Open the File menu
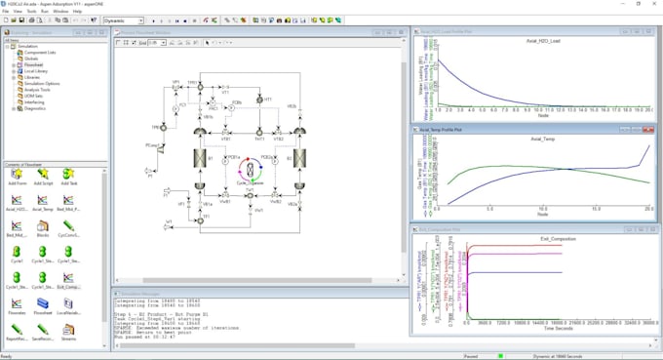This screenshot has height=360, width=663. point(5,11)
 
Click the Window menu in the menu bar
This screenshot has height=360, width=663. point(60,11)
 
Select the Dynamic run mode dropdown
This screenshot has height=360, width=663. point(122,20)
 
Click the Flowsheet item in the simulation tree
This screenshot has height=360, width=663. point(33,65)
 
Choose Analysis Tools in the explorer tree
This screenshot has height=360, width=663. point(36,89)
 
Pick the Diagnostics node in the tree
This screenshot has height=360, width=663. point(34,108)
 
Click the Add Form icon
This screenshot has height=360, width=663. point(17,176)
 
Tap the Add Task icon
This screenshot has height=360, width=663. point(68,176)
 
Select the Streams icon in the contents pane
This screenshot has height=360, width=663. point(68,332)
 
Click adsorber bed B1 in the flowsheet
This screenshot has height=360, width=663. point(199,158)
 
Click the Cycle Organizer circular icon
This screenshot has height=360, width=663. point(251,168)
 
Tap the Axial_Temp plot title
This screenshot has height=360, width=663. point(543,139)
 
